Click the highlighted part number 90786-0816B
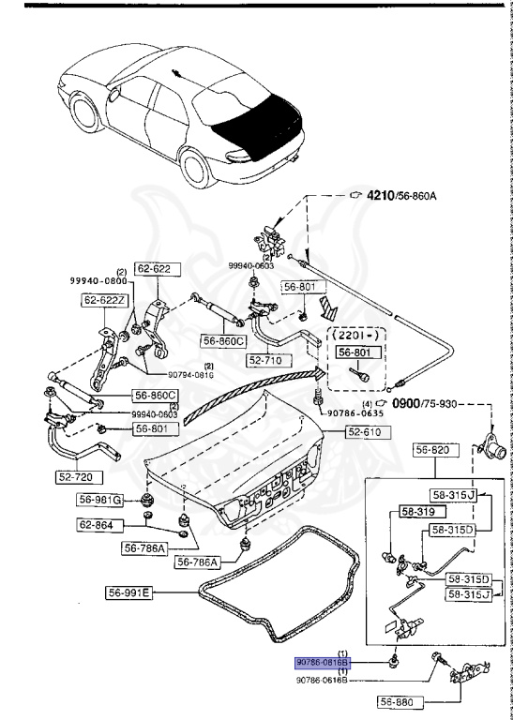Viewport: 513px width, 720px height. (x=324, y=662)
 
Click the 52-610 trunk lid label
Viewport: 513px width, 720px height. (x=370, y=432)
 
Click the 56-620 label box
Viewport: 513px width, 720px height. (x=434, y=450)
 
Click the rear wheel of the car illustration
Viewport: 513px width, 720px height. (x=198, y=167)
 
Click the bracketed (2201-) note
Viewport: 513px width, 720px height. (x=357, y=333)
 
